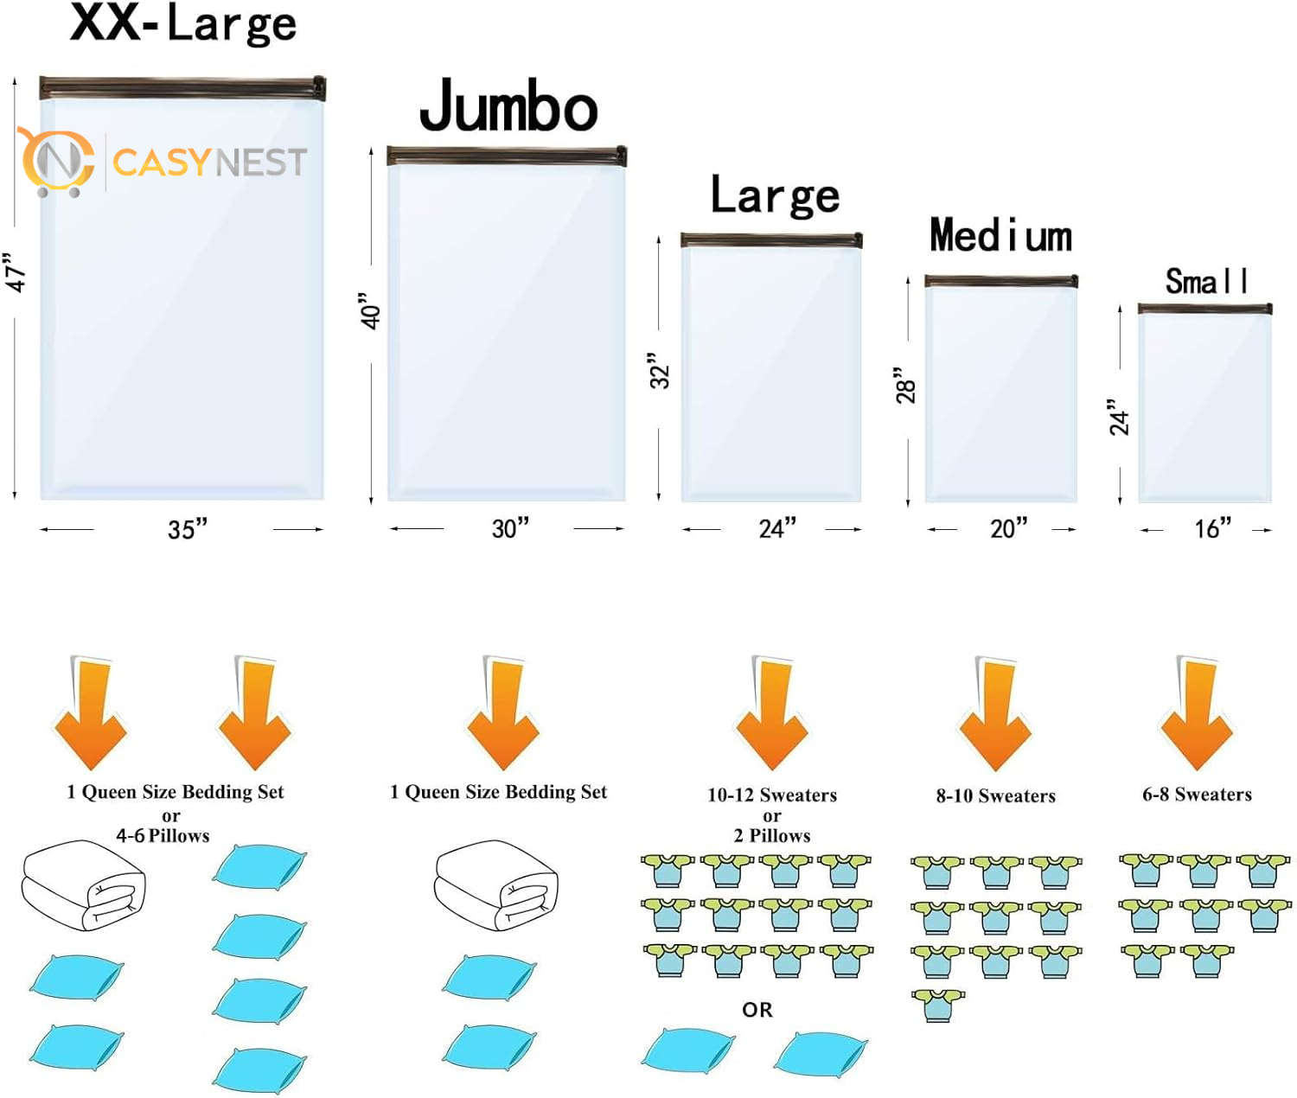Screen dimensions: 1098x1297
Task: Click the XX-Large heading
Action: (x=183, y=24)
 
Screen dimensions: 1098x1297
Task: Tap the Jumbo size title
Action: (x=508, y=106)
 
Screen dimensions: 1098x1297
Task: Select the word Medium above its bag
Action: (x=1000, y=236)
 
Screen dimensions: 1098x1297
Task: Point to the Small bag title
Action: (x=1205, y=282)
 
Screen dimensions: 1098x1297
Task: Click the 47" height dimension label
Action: (x=16, y=273)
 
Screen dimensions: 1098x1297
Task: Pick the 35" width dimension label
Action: (x=188, y=528)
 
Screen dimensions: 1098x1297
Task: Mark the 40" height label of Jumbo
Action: (x=371, y=311)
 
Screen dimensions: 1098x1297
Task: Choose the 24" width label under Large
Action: (x=776, y=528)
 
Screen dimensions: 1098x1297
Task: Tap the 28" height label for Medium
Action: (x=905, y=386)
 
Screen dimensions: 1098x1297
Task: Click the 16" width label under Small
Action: (x=1212, y=528)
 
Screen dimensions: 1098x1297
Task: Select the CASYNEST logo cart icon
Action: (x=57, y=163)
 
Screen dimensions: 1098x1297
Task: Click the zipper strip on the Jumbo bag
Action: (x=507, y=156)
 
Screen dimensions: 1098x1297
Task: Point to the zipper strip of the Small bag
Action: (x=1204, y=309)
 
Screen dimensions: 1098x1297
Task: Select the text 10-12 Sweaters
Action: (x=772, y=795)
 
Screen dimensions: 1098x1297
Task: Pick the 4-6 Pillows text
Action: (x=163, y=836)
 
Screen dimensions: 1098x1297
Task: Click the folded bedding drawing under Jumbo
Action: (x=495, y=885)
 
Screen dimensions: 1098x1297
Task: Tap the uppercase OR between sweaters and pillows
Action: (x=757, y=1010)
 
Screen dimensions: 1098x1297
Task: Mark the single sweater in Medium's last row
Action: (x=938, y=1005)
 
